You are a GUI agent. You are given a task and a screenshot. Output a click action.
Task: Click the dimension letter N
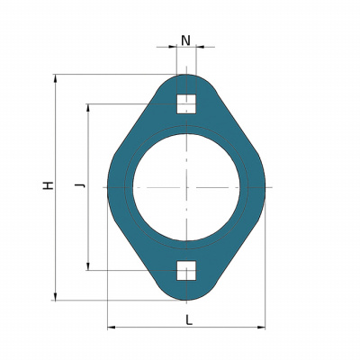186,40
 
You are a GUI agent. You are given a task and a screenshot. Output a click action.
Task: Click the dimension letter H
48,185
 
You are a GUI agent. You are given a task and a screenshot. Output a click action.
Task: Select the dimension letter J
80,185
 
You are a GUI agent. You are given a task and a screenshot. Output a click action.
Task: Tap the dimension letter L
188,320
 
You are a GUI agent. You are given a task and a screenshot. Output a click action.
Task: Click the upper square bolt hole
186,104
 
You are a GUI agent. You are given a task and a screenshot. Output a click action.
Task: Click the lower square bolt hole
186,271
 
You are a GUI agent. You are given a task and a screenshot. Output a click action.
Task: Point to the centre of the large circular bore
186,187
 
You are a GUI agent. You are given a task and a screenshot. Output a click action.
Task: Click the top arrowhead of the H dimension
55,78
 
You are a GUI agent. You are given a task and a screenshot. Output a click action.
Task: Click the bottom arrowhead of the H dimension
55,296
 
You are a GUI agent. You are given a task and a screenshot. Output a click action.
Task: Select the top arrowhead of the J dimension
88,108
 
